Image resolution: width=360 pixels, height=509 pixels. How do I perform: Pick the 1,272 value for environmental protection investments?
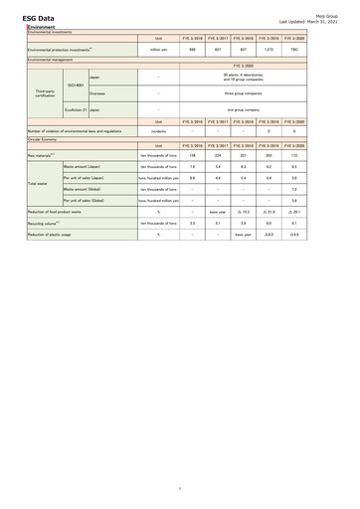point(268,49)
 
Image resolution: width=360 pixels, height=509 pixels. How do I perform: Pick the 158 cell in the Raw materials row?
point(191,156)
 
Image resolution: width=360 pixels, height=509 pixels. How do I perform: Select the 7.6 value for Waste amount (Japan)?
point(191,167)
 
